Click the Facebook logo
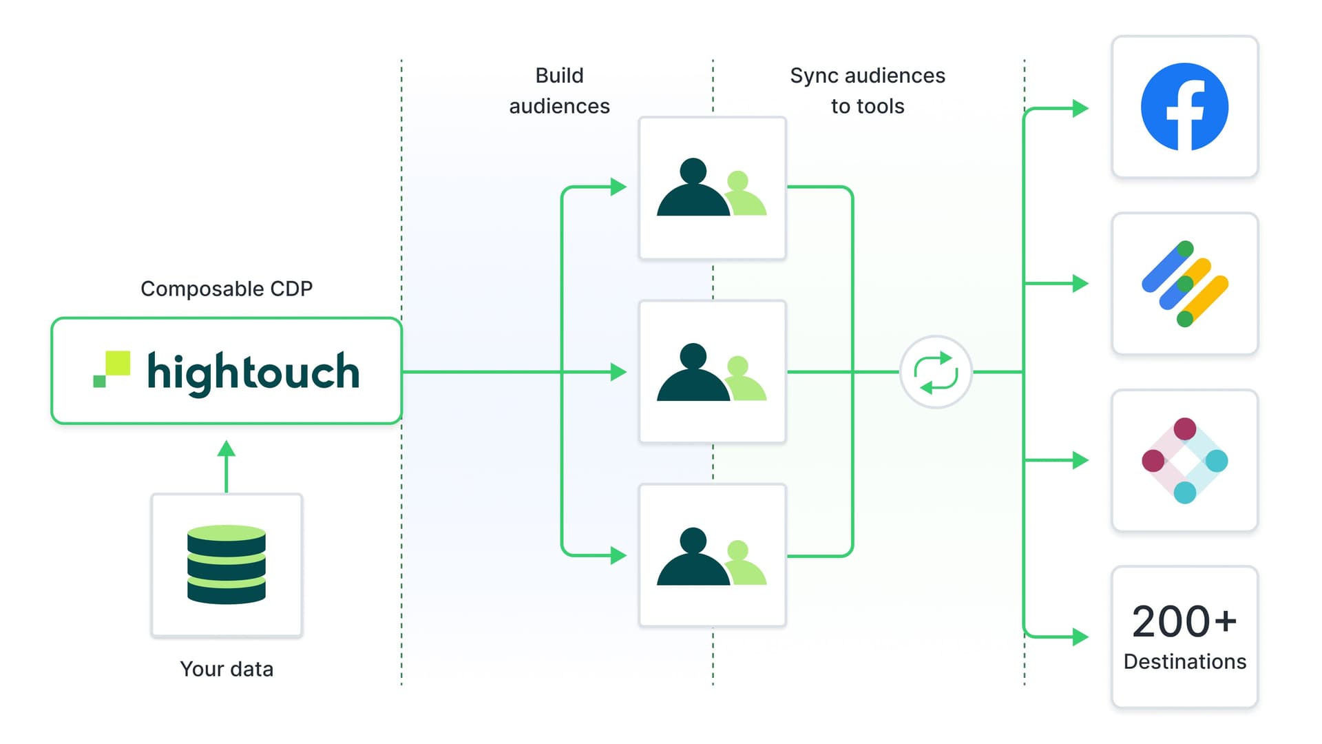1184,107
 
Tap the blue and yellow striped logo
1184,283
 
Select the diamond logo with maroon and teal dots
1184,460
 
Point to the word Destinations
1184,661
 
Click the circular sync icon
936,372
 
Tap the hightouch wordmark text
253,372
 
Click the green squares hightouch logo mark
112,369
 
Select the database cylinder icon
227,564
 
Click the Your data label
227,669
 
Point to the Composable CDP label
227,289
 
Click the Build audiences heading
559,90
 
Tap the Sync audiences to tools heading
868,90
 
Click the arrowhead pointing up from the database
227,449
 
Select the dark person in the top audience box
693,189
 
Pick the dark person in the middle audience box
693,373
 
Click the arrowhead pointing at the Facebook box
1080,108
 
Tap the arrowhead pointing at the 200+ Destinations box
1080,637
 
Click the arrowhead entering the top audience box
618,187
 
